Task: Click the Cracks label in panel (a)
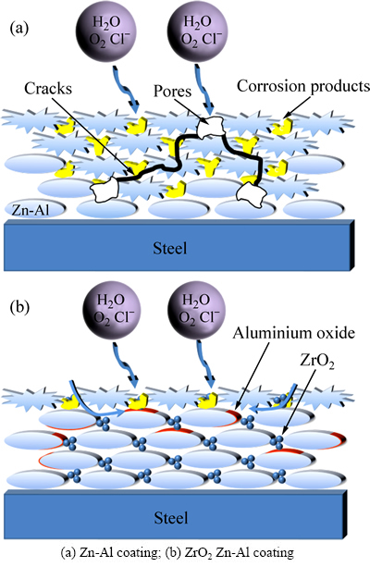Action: [48, 89]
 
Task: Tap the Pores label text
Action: [173, 91]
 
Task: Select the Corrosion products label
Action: [303, 86]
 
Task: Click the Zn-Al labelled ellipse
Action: [35, 209]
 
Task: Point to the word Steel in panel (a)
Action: [170, 249]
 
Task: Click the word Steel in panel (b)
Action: [171, 517]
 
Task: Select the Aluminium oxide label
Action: [293, 333]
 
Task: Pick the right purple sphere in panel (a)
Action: [197, 32]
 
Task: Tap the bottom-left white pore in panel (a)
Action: [105, 190]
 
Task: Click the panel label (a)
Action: [18, 28]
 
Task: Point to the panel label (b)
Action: [19, 307]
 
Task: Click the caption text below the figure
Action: [178, 553]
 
